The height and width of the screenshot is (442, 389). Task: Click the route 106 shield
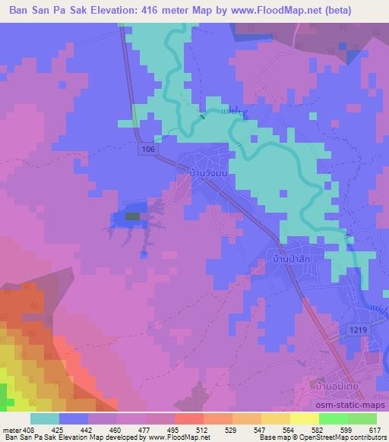pyautogui.click(x=149, y=151)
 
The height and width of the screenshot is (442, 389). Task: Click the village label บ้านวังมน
pyautogui.click(x=207, y=173)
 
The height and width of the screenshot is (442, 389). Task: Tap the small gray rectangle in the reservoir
pyautogui.click(x=132, y=216)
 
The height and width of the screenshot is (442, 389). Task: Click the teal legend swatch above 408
pyautogui.click(x=45, y=418)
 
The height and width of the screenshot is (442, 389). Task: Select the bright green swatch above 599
pyautogui.click(x=334, y=418)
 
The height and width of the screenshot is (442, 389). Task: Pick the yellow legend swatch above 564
pyautogui.click(x=305, y=418)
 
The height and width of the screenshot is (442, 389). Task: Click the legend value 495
pyautogui.click(x=160, y=429)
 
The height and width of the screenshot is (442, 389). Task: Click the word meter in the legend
pyautogui.click(x=13, y=429)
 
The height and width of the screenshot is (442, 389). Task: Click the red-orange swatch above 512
pyautogui.click(x=189, y=418)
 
